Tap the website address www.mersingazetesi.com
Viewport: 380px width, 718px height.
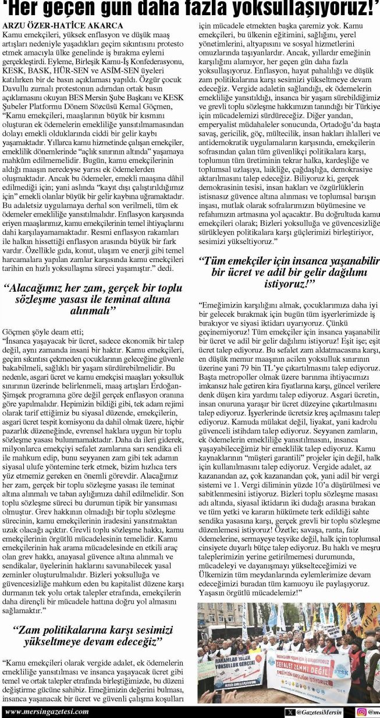(47, 712)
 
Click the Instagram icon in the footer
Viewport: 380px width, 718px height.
(362, 712)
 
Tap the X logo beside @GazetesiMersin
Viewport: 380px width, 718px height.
(290, 712)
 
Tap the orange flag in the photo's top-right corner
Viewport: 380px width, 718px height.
(370, 618)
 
